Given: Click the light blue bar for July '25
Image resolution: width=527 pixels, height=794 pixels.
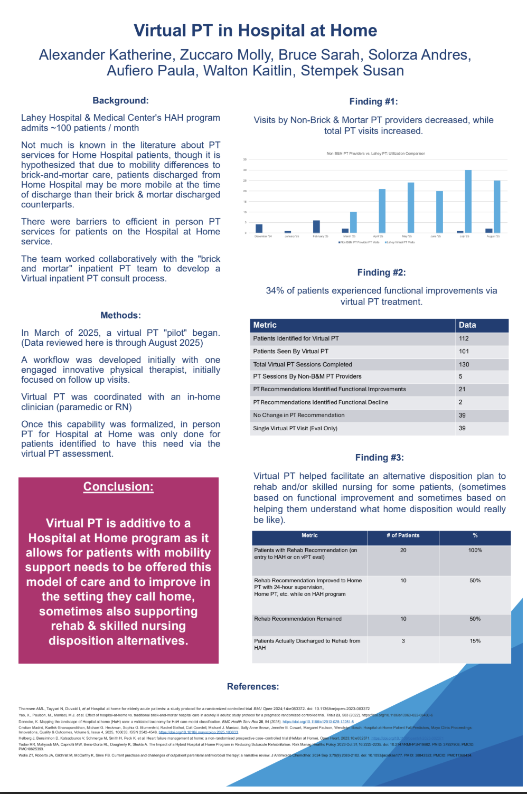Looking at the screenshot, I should tap(468, 201).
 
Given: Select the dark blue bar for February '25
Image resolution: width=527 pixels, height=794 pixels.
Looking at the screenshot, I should tap(316, 226).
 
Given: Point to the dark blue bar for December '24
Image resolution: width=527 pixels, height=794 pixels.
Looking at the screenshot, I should tap(259, 229).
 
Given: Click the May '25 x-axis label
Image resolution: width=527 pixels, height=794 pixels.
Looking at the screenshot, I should tap(407, 237).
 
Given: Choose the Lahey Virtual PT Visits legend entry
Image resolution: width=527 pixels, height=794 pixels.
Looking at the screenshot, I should tap(400, 242).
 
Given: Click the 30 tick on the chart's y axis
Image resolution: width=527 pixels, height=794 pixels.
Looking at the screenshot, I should tap(245, 170).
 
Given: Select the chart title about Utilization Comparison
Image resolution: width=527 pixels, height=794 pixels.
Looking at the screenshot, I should tap(375, 154).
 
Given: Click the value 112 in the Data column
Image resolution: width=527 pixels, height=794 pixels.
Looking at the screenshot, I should tap(464, 338).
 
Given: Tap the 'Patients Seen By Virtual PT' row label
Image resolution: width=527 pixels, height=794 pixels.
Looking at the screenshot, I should tap(290, 351).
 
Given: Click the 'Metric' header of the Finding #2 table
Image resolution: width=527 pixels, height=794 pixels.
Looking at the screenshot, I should tap(265, 325).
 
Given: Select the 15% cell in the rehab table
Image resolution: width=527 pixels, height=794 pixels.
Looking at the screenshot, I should tap(475, 641).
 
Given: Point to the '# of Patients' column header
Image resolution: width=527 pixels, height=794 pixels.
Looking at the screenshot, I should tap(403, 535).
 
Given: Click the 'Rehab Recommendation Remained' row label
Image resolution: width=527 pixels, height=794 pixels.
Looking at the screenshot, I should tap(298, 619).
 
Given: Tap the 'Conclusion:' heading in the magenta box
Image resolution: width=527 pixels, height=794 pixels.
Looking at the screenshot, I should tap(118, 487).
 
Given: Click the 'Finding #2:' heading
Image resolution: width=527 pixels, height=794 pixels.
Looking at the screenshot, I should tap(381, 272).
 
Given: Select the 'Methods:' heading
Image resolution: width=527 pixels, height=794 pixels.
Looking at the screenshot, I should tap(120, 315).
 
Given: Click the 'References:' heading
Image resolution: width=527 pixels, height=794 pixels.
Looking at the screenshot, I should tap(253, 686).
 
